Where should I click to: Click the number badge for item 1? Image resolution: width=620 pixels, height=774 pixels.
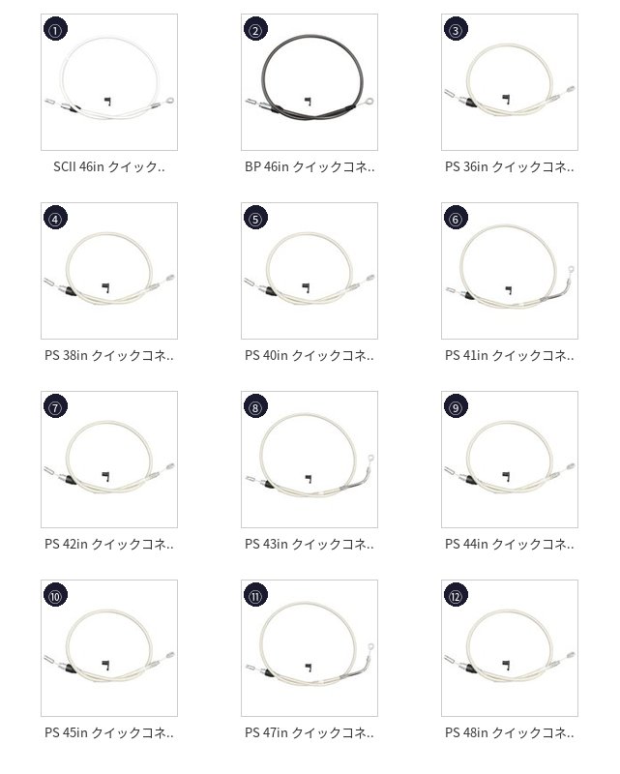coord(55,29)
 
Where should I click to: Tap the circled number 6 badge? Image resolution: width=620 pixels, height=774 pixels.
coord(456,218)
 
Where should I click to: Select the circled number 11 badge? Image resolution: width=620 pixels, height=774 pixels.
coord(255,595)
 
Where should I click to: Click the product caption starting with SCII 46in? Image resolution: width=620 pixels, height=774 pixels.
coord(109,166)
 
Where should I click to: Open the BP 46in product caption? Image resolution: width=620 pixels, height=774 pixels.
coord(310,166)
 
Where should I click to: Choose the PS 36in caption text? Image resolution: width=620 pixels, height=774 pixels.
coord(510,166)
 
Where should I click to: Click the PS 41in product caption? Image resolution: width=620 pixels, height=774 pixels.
coord(510,355)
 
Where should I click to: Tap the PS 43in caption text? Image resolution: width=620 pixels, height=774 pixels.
coord(310,544)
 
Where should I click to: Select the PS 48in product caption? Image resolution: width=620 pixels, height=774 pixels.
coord(510,732)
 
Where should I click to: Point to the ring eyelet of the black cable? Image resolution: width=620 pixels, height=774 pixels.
coord(369,102)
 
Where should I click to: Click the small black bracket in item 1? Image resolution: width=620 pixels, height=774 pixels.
coord(107,102)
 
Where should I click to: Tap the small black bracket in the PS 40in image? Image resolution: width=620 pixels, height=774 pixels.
coord(307,287)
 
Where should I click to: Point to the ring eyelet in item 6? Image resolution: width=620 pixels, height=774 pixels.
coord(571,270)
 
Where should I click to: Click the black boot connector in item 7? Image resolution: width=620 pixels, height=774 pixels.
coord(70,479)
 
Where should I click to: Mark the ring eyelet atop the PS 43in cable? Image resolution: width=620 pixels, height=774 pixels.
coord(370,459)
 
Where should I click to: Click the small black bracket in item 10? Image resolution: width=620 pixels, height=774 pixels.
coord(106,665)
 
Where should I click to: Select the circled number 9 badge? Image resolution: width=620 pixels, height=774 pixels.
coord(456,406)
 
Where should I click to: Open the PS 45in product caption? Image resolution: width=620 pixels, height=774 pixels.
coord(109,732)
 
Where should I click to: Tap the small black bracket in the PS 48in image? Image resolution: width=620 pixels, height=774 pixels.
coord(507,665)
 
